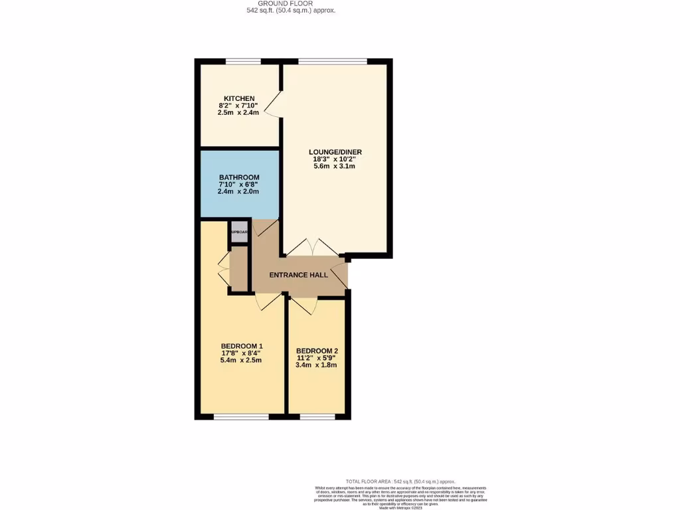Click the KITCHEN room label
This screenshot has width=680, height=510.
click(x=239, y=99)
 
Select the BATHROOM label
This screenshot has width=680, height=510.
click(x=239, y=177)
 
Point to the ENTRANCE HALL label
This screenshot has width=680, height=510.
click(x=298, y=275)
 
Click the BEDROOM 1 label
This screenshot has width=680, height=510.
click(x=242, y=346)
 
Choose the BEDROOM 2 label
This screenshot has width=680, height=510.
click(x=317, y=351)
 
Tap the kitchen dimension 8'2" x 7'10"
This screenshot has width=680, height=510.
click(x=239, y=106)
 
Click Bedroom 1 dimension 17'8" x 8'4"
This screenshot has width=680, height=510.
click(x=242, y=353)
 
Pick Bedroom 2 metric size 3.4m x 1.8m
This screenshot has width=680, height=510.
click(x=317, y=365)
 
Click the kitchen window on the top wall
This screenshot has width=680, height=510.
click(x=242, y=62)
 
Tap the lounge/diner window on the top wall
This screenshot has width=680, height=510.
click(x=333, y=62)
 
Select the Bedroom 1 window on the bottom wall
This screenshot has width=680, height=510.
click(x=241, y=416)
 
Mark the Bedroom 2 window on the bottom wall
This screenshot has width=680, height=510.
click(x=317, y=416)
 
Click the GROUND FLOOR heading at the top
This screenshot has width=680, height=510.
click(x=290, y=3)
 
